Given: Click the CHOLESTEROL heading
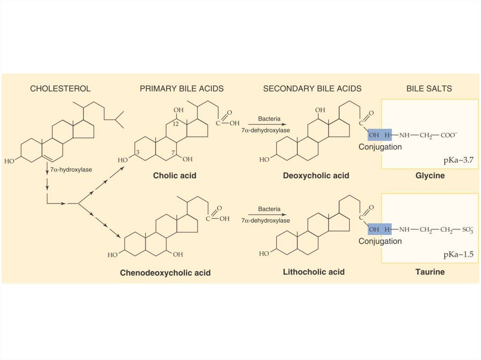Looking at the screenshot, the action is click(60, 89).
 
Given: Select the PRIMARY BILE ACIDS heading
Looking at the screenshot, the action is click(182, 89).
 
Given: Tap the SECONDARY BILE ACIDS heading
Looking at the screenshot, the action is click(312, 89).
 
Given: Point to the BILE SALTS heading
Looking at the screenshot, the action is click(429, 89).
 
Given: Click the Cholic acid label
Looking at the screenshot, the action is click(175, 176).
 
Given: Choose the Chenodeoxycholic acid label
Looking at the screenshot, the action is click(165, 273).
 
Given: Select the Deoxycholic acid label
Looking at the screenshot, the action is click(316, 176).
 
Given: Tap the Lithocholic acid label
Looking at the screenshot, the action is click(314, 272).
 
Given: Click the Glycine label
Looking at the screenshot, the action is click(430, 176).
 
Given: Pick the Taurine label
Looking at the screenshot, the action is click(430, 272).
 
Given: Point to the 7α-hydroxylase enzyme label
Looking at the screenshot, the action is click(71, 169).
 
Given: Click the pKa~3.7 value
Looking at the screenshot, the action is click(458, 160).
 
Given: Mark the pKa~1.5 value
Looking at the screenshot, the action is click(458, 254).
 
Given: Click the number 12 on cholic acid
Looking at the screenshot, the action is click(176, 124).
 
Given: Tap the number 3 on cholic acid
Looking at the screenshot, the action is click(138, 152).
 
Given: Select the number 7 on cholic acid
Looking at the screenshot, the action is click(173, 152).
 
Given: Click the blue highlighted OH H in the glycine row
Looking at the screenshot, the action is click(380, 135).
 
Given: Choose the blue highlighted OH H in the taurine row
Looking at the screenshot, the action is click(380, 229).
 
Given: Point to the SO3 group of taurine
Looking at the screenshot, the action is click(468, 230).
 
